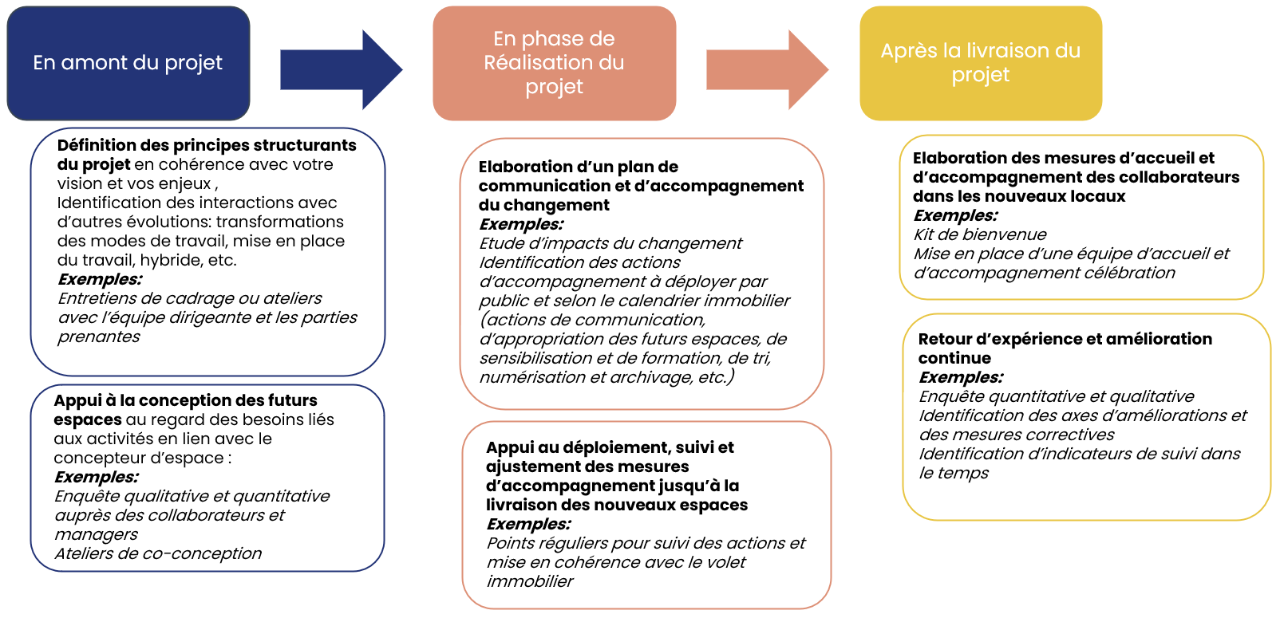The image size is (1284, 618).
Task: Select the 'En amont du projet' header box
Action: coord(128,63)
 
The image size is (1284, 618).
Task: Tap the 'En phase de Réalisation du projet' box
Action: coord(554,63)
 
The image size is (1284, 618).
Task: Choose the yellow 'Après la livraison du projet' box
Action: coord(980,63)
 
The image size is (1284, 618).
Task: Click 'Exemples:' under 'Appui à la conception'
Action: coord(96,477)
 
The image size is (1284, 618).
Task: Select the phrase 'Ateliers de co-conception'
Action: coord(158,553)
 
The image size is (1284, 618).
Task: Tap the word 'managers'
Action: coord(96,534)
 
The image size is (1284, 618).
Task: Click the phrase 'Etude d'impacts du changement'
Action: coord(610,243)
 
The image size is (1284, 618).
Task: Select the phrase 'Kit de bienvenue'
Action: coord(980,234)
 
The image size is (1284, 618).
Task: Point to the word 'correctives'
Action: coord(1072,435)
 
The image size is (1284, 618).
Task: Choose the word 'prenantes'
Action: coord(99,337)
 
